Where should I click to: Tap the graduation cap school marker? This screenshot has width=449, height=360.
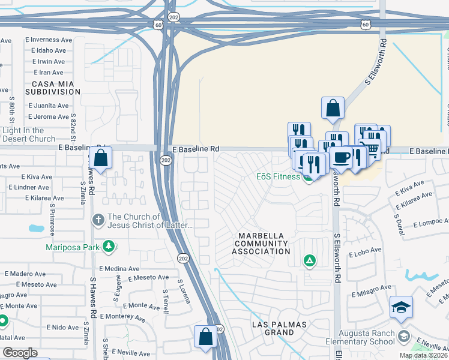click(401, 307)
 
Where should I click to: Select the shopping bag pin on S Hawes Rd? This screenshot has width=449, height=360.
click(101, 159)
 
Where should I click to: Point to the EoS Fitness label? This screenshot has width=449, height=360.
click(278, 176)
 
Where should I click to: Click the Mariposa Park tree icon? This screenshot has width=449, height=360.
click(109, 246)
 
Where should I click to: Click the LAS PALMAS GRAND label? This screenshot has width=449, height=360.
click(279, 329)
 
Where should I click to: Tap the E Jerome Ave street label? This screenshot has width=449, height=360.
click(48, 116)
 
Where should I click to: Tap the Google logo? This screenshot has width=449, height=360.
click(20, 353)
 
